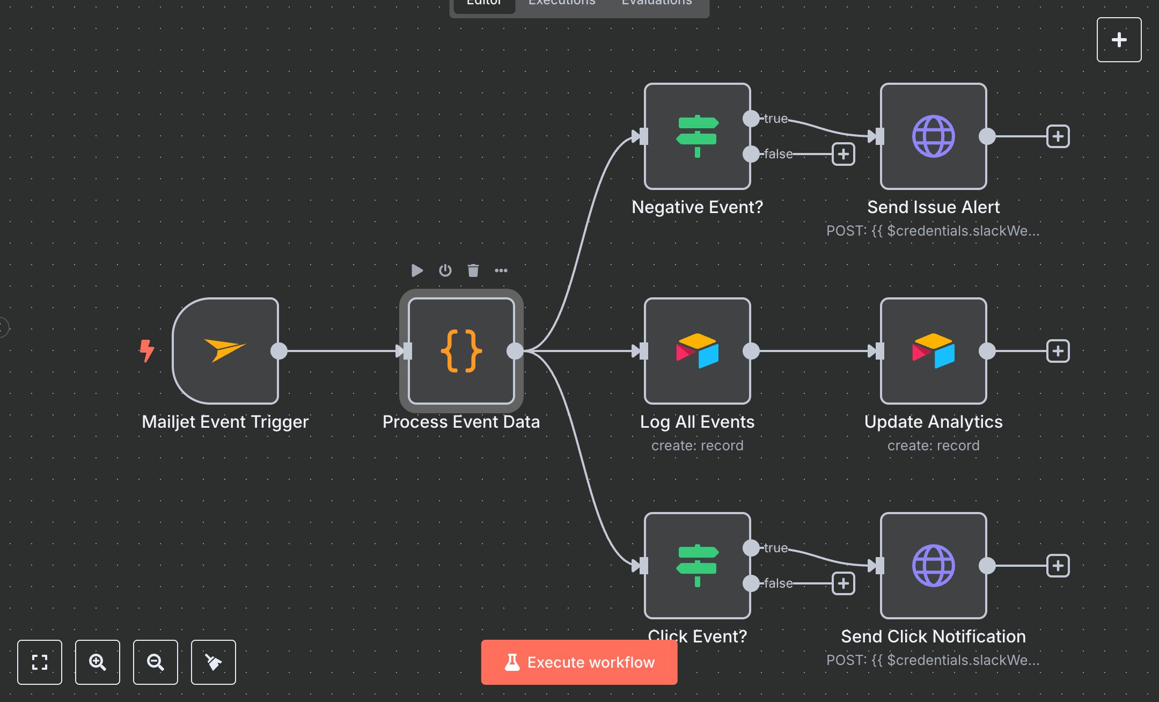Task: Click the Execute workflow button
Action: pos(579,662)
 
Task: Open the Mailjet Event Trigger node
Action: pos(225,351)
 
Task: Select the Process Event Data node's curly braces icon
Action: pos(461,351)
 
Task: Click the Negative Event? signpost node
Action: pos(697,136)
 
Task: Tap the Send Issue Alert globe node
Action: pos(933,136)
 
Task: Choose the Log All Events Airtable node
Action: pos(697,351)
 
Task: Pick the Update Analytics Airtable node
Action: pos(933,351)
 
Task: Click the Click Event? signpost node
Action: pos(697,566)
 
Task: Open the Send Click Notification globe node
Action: pos(933,566)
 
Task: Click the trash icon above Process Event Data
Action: pos(473,270)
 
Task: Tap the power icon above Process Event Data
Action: pos(445,270)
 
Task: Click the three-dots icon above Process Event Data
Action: pos(501,270)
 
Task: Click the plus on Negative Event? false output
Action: pos(843,154)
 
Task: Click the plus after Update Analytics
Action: pos(1058,351)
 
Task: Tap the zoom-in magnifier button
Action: pos(97,662)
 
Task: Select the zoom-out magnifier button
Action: pos(155,662)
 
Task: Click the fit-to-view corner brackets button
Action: pos(39,662)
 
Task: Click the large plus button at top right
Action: pos(1119,40)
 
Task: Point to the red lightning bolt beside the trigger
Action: pos(146,350)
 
